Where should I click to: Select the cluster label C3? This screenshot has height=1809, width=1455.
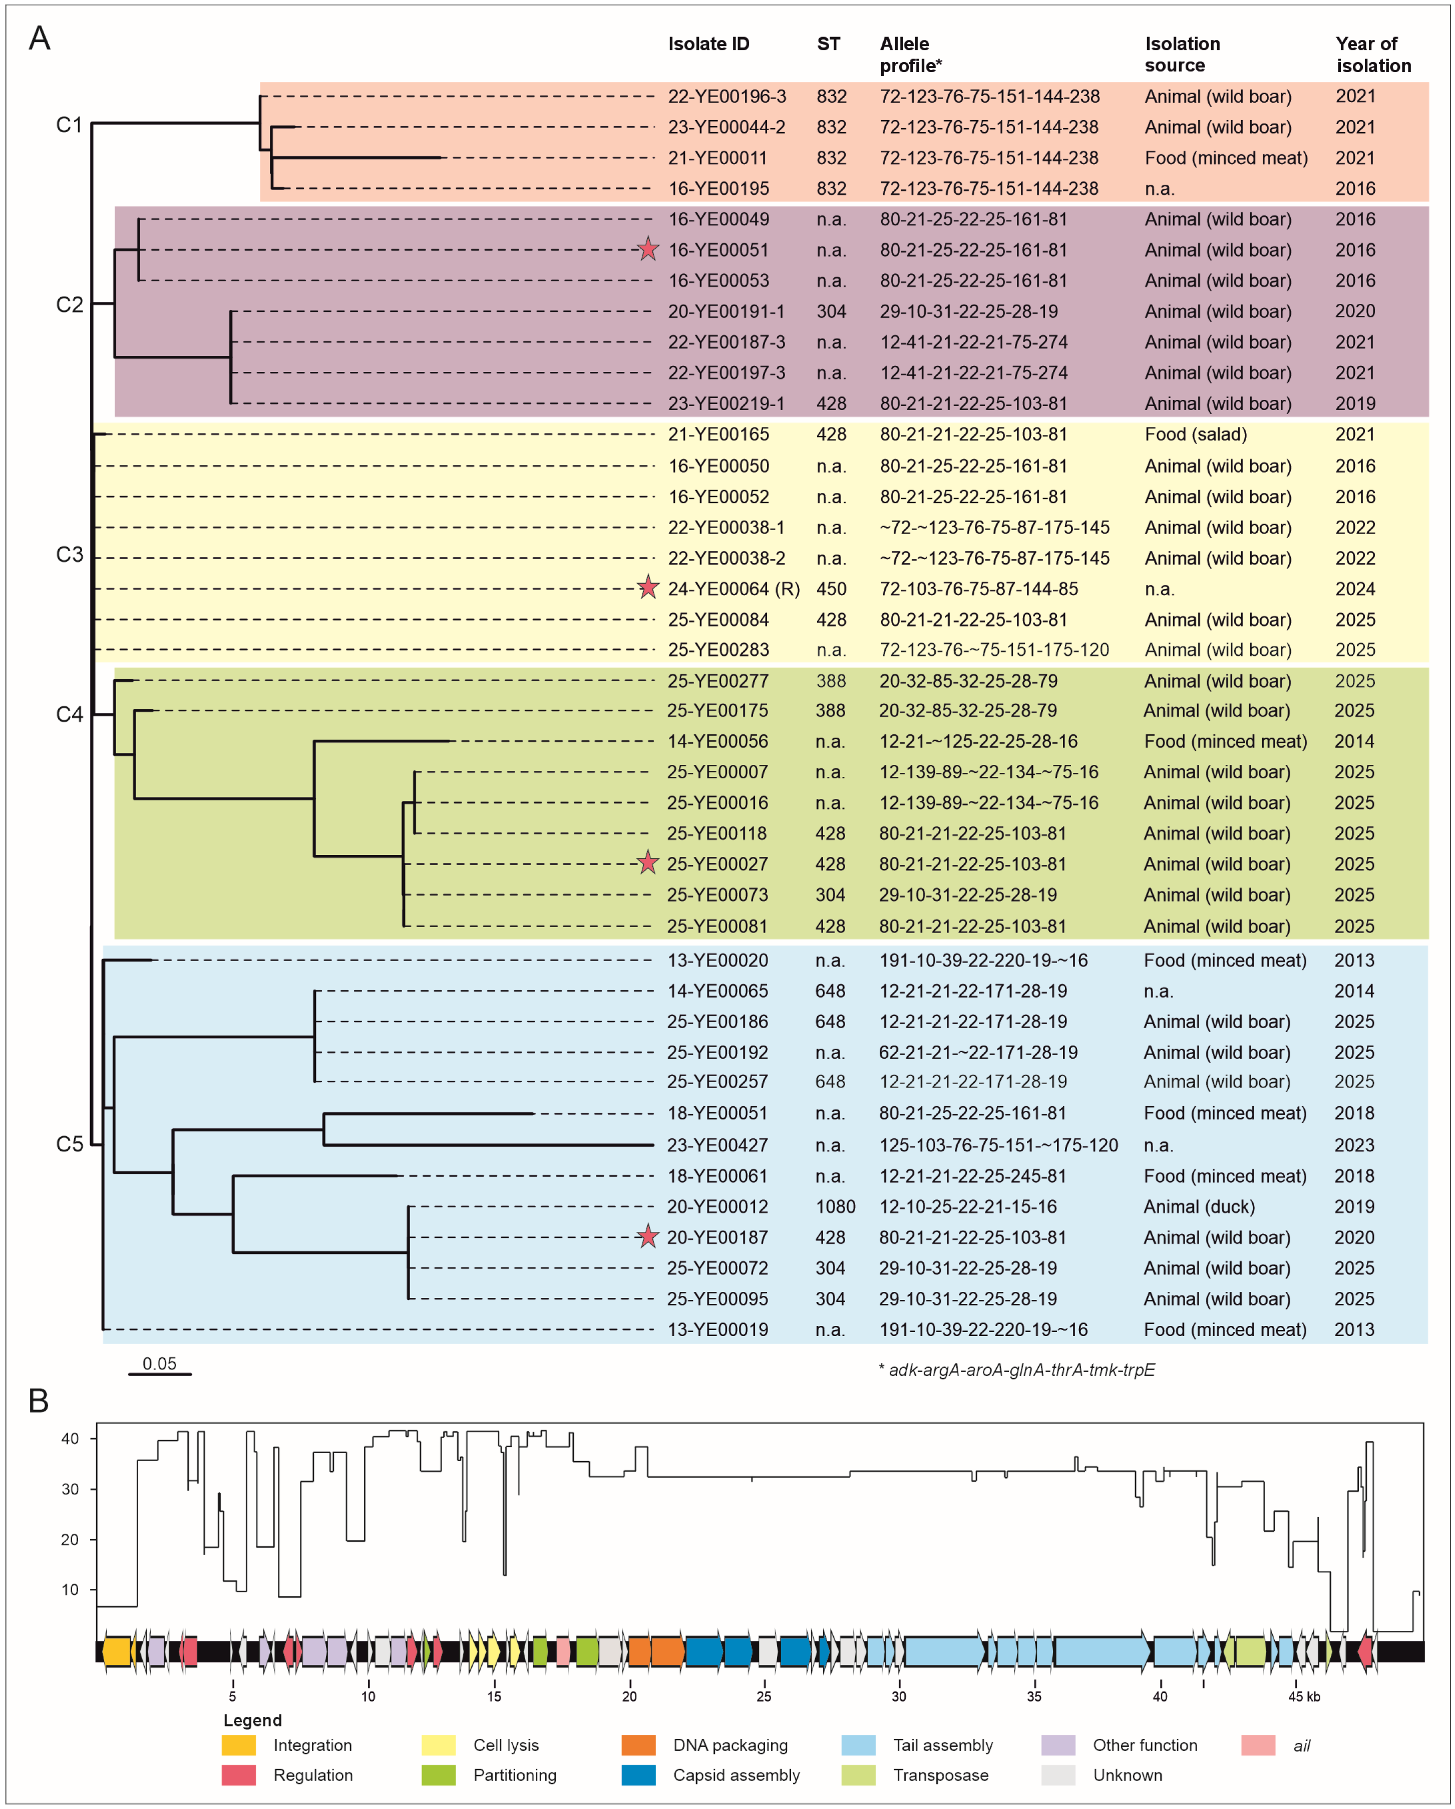pyautogui.click(x=70, y=555)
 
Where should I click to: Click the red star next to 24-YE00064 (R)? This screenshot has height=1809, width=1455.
pyautogui.click(x=647, y=588)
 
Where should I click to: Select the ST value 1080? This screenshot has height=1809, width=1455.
pyautogui.click(x=835, y=1206)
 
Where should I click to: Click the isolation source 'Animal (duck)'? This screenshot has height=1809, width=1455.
pyautogui.click(x=1199, y=1206)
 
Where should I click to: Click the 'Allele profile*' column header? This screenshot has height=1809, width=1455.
pyautogui.click(x=910, y=55)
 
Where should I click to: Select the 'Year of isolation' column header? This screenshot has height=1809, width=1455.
pyautogui.click(x=1373, y=55)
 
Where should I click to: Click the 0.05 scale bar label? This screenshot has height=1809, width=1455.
pyautogui.click(x=159, y=1364)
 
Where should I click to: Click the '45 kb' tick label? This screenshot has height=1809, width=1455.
pyautogui.click(x=1304, y=1696)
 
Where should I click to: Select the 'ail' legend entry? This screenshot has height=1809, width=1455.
pyautogui.click(x=1301, y=1746)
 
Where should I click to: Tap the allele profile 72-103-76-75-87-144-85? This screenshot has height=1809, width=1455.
pyautogui.click(x=978, y=589)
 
